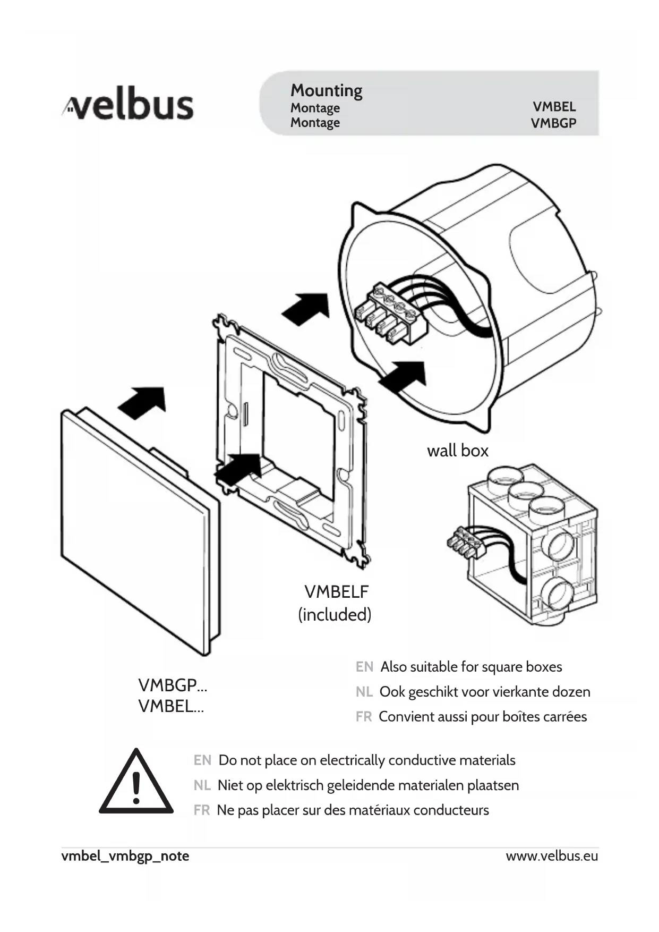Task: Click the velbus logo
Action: pyautogui.click(x=128, y=104)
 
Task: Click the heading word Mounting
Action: pyautogui.click(x=326, y=91)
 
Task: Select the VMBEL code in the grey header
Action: pyautogui.click(x=554, y=107)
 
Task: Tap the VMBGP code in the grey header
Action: pyautogui.click(x=553, y=123)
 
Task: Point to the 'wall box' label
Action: pyautogui.click(x=457, y=451)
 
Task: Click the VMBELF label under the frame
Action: pyautogui.click(x=336, y=591)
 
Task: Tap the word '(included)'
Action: pyautogui.click(x=335, y=615)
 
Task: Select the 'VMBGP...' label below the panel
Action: pyautogui.click(x=173, y=685)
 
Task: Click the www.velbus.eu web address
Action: pyautogui.click(x=552, y=856)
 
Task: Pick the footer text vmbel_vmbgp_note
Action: pyautogui.click(x=125, y=856)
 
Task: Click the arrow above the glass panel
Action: pyautogui.click(x=142, y=402)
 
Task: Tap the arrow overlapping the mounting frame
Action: pyautogui.click(x=239, y=468)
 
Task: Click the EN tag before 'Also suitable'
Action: pyautogui.click(x=364, y=667)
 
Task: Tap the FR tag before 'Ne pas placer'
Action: pyautogui.click(x=201, y=810)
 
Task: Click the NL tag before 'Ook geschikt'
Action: pyautogui.click(x=364, y=692)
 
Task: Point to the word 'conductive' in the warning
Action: pyautogui.click(x=418, y=760)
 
